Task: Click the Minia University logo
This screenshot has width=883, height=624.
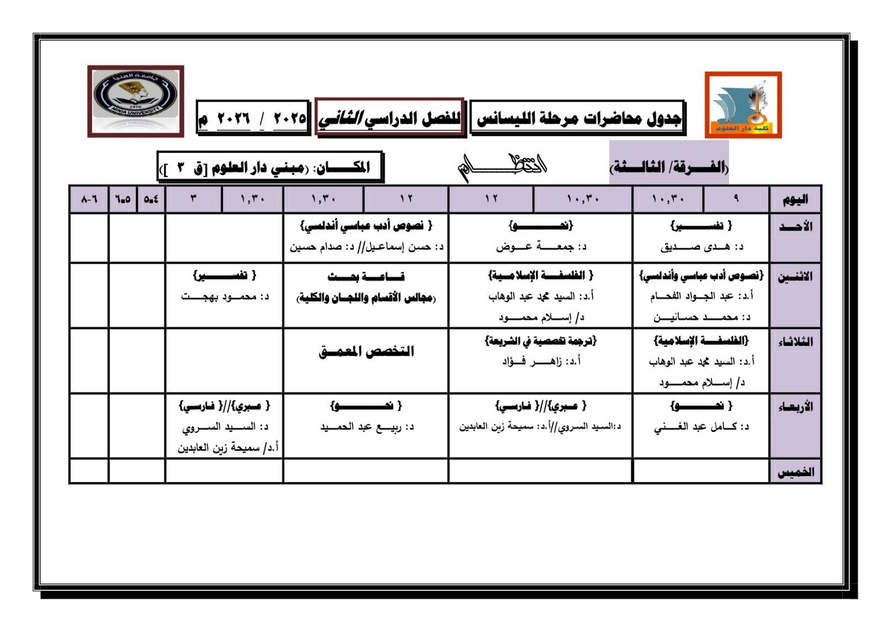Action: tap(135, 101)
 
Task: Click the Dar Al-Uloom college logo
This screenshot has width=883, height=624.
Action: tap(743, 104)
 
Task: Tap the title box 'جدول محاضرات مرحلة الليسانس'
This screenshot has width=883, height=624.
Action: tap(577, 118)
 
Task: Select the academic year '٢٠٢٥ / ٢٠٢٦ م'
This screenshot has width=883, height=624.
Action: tap(253, 118)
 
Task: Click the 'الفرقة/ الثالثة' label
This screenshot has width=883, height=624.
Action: tap(669, 167)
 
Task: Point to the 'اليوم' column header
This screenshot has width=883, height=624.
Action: tap(795, 199)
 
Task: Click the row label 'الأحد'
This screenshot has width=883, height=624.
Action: tap(795, 227)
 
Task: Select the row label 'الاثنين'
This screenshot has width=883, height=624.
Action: tap(795, 276)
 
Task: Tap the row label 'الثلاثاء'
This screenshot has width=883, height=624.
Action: tap(795, 342)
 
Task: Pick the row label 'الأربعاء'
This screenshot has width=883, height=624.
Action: tap(795, 407)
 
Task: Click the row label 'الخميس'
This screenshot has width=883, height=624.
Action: tap(795, 472)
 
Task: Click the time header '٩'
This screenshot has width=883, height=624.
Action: tap(736, 199)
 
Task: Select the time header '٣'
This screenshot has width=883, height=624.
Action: tap(194, 199)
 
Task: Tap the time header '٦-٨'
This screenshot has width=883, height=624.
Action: tap(89, 199)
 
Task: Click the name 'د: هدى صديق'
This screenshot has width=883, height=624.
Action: tap(701, 247)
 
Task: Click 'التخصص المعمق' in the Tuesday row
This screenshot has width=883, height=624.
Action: tap(366, 351)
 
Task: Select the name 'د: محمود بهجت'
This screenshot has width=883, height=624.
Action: tap(225, 297)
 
